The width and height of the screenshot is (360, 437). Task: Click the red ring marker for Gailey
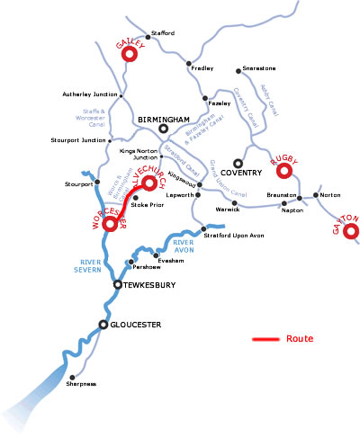128,54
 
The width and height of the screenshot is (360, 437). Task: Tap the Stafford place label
162,33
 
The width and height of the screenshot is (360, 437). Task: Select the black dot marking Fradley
189,63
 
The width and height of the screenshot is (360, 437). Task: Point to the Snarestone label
255,69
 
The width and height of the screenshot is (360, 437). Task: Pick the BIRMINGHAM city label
164,119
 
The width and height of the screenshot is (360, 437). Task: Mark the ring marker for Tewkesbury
117,284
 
